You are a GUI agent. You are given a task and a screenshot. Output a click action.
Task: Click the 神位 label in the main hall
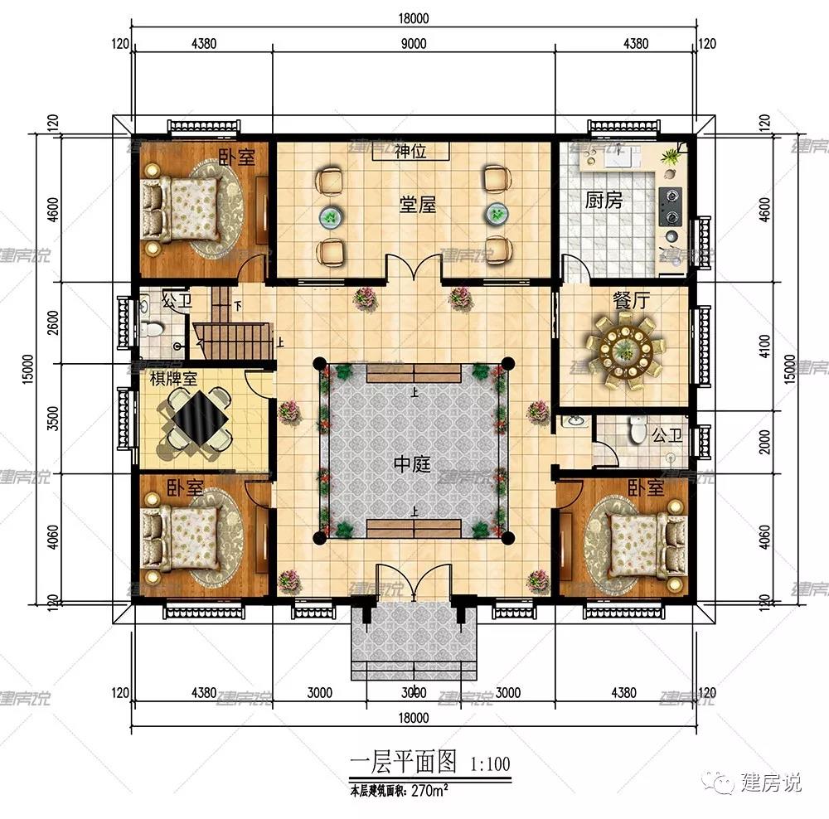click(x=410, y=152)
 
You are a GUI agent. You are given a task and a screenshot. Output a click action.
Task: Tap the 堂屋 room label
click(x=417, y=204)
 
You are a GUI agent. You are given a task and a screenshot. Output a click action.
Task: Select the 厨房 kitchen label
click(x=603, y=201)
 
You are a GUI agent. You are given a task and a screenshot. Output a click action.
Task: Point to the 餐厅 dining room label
click(x=631, y=301)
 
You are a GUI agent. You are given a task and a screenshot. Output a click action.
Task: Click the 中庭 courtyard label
click(x=411, y=464)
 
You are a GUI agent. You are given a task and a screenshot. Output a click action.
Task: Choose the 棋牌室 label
click(x=172, y=379)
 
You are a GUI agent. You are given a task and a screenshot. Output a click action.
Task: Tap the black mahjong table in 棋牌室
click(x=197, y=420)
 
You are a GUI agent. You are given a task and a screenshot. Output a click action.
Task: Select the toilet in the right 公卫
click(x=637, y=429)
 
